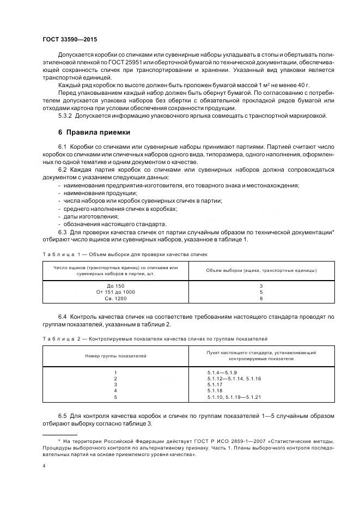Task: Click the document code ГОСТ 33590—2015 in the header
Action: pyautogui.click(x=66, y=40)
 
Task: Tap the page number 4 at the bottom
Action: pyautogui.click(x=44, y=466)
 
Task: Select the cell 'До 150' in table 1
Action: pyautogui.click(x=116, y=286)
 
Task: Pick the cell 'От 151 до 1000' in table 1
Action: pyautogui.click(x=116, y=292)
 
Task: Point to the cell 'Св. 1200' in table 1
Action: pyautogui.click(x=116, y=299)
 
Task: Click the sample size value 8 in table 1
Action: pyautogui.click(x=261, y=299)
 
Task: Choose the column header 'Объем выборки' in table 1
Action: pyautogui.click(x=261, y=270)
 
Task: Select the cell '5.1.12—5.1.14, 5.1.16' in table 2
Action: pyautogui.click(x=235, y=378)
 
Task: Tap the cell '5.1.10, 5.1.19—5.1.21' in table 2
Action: pyautogui.click(x=235, y=397)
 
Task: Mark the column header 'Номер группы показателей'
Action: pyautogui.click(x=115, y=356)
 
